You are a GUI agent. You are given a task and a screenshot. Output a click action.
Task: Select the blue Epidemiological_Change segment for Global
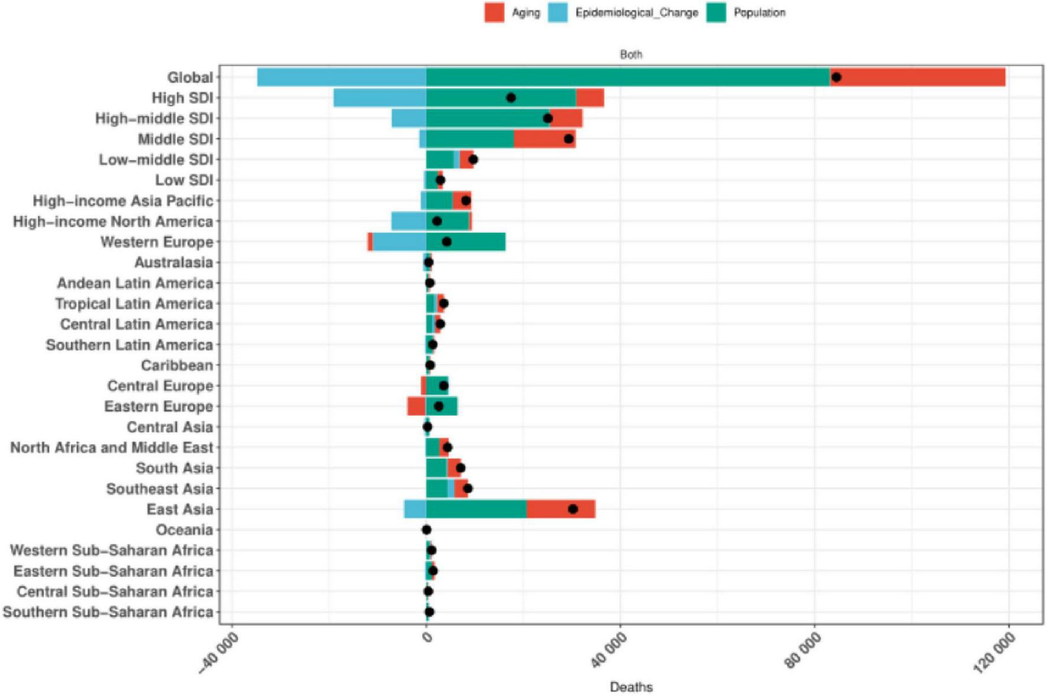coord(342,77)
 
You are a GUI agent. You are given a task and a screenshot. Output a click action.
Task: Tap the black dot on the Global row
coord(836,77)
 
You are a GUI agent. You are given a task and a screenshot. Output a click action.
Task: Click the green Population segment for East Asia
coord(476,509)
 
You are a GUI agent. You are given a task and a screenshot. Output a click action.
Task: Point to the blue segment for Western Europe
coord(399,242)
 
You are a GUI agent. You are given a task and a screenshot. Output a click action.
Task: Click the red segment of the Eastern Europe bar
coord(416,406)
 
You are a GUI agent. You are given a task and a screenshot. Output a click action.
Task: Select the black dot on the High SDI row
coord(511,98)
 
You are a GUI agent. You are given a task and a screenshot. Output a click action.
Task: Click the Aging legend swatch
coord(494,12)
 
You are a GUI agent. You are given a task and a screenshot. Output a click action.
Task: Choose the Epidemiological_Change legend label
coord(636,12)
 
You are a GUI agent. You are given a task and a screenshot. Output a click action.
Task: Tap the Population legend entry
coord(759,12)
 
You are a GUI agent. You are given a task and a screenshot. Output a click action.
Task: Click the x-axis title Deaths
coord(631,687)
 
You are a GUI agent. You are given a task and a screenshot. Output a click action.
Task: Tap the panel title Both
coord(630,54)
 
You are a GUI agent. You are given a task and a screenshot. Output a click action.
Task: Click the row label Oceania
coord(184,530)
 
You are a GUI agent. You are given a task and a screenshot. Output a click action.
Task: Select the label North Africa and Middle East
coord(112,448)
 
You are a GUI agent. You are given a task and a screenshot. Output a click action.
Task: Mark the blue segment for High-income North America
coord(409,222)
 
